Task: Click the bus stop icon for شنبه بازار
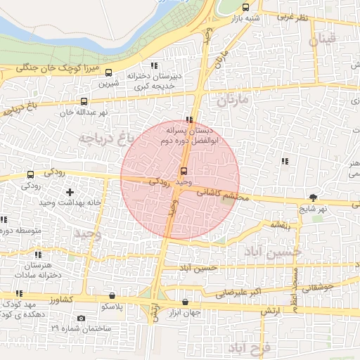(x=245, y=8)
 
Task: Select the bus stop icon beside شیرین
(x=109, y=72)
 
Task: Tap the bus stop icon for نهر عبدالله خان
(x=84, y=101)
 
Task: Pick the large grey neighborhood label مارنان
(x=233, y=101)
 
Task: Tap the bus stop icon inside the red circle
(x=184, y=171)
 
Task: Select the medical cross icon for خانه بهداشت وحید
(x=70, y=192)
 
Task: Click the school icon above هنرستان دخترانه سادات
(x=38, y=255)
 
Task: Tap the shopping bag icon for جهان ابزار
(x=185, y=302)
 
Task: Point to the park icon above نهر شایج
(x=312, y=198)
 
